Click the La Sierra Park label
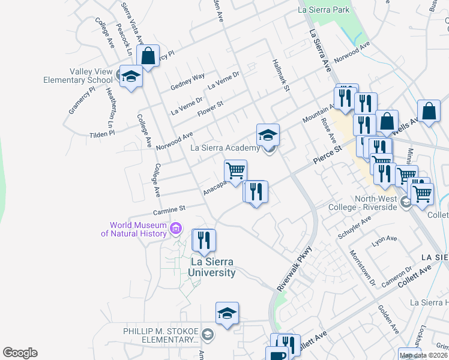point(324,10)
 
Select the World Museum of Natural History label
point(133,229)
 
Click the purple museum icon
point(176,228)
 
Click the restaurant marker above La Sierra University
point(203,240)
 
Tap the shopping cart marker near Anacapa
point(235,170)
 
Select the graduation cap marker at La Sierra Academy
point(268,134)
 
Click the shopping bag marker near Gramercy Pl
point(148,56)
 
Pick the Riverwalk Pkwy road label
point(295,269)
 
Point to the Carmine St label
point(170,209)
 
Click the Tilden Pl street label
point(101,134)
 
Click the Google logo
point(20,353)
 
